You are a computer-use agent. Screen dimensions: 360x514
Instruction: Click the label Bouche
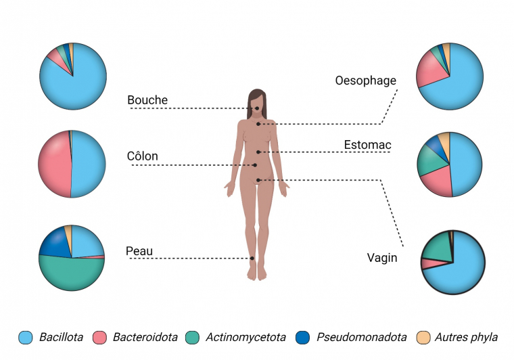[x=147, y=101]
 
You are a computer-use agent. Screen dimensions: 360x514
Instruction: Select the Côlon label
[x=143, y=156]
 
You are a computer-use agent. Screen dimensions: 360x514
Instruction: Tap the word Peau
[x=139, y=252]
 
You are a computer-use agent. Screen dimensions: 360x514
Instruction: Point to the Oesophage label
[x=366, y=81]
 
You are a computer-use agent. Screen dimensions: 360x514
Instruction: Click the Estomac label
[x=367, y=145]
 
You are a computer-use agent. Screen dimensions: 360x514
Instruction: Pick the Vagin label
[x=381, y=257]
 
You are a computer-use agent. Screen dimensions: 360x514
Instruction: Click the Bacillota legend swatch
[x=26, y=337]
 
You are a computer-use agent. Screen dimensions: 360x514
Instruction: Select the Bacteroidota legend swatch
[x=100, y=337]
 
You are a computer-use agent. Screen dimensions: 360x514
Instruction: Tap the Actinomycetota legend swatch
[x=193, y=337]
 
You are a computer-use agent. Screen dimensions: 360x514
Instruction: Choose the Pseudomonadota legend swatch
[x=304, y=337]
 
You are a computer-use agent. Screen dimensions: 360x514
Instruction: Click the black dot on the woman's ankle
[x=252, y=258]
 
